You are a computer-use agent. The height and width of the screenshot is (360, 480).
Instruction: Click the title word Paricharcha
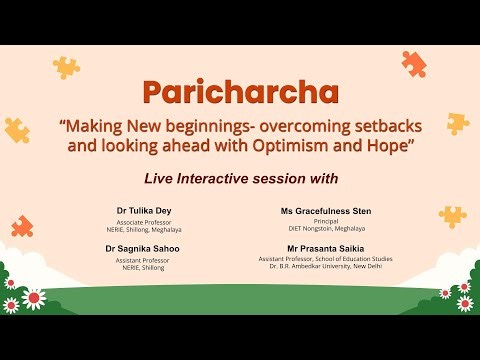pyautogui.click(x=240, y=93)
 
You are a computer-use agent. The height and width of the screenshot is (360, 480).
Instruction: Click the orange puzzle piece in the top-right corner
pyautogui.click(x=413, y=64)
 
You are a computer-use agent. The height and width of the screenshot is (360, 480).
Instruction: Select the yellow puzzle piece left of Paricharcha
pyautogui.click(x=66, y=67)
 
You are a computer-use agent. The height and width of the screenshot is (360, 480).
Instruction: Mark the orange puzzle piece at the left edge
pyautogui.click(x=22, y=226)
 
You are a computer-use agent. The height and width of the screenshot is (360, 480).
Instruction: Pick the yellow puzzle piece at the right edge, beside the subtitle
pyautogui.click(x=457, y=123)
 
